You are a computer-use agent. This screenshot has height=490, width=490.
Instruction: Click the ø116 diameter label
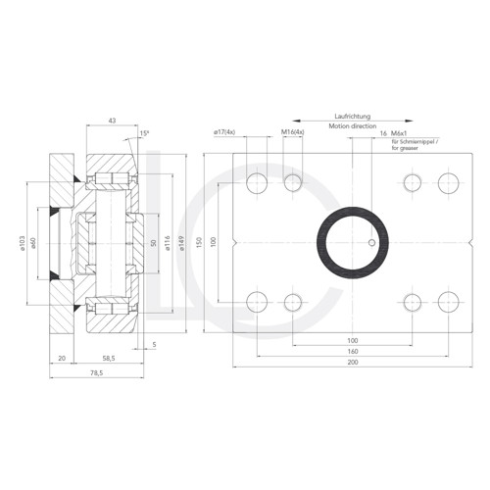[169, 242]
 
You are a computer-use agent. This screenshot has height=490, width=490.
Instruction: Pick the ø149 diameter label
[183, 242]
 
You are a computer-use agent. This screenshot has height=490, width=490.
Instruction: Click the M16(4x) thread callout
[292, 131]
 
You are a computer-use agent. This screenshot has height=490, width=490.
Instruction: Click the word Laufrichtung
[352, 115]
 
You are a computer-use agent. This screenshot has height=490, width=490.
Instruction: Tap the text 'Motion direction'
[352, 124]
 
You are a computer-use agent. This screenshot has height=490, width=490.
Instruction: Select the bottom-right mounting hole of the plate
[448, 301]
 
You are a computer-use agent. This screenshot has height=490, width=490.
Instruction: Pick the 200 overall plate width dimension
[352, 363]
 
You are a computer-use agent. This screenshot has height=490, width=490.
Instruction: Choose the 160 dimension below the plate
[352, 351]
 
